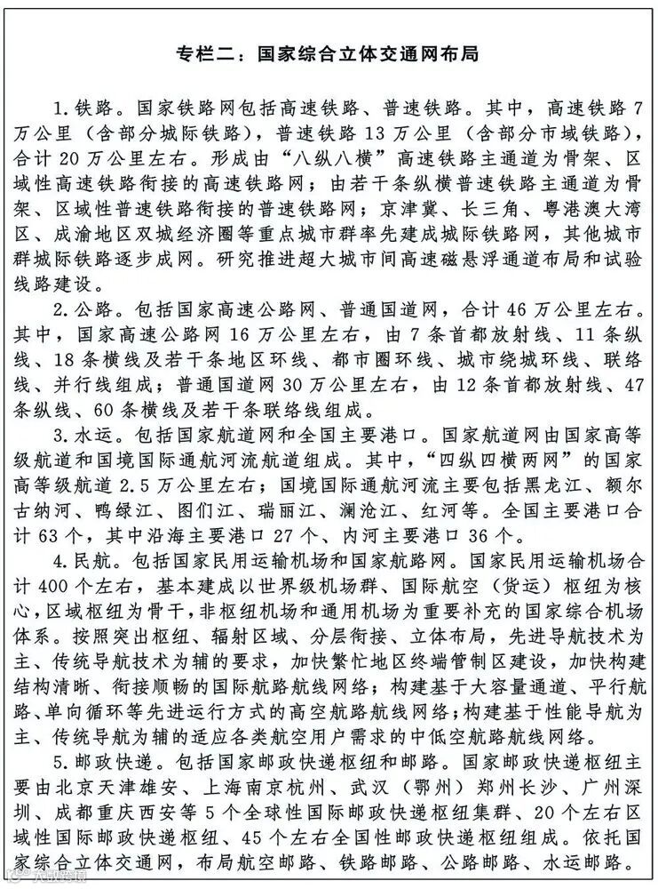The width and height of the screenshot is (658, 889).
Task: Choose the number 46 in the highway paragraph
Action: pyautogui.click(x=502, y=310)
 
